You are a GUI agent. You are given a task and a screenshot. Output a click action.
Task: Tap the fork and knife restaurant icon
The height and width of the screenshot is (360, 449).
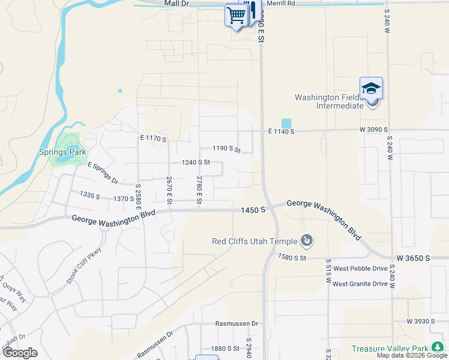[x=252, y=10]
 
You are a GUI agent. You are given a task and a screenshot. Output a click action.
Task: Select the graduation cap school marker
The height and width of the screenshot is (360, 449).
[x=371, y=88]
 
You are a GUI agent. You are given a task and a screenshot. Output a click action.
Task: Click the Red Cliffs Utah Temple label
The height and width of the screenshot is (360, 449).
[x=255, y=241]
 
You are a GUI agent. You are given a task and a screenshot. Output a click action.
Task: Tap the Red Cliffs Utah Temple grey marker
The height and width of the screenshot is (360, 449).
[x=307, y=241]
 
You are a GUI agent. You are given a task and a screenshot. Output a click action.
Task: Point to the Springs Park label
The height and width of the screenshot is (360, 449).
[x=63, y=152]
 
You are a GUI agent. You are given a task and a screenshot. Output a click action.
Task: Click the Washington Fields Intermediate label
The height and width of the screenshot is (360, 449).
[x=330, y=101]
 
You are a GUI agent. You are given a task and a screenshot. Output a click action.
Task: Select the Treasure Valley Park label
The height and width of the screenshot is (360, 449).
[x=390, y=349]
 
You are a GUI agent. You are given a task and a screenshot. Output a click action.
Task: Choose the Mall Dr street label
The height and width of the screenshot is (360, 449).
[x=176, y=4]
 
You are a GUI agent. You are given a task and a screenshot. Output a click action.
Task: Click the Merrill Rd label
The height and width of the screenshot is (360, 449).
[x=282, y=4]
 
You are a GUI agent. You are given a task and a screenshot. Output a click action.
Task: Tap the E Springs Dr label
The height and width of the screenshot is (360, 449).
[x=103, y=173]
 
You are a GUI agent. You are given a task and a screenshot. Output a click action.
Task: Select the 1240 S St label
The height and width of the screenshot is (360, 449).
[x=196, y=162]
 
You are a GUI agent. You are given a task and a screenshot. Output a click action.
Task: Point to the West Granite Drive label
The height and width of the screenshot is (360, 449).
[x=360, y=284]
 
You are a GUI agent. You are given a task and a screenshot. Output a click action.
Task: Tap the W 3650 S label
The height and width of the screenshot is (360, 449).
[x=413, y=258]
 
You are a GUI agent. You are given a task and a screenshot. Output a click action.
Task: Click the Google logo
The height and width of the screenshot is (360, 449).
[x=20, y=353]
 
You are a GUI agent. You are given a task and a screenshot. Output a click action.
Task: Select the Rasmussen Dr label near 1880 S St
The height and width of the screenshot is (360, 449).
[x=237, y=323]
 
